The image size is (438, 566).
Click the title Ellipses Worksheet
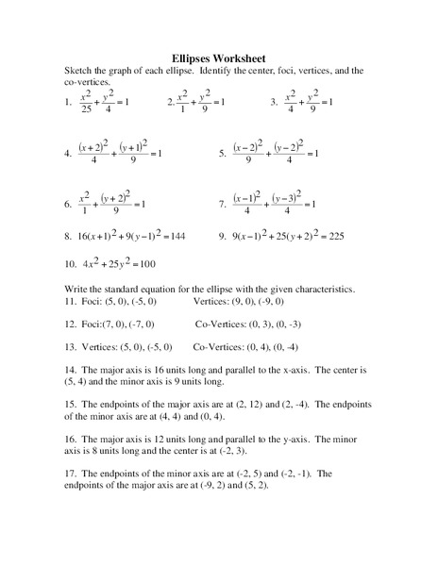pyautogui.click(x=219, y=57)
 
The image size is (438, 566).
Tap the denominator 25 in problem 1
pyautogui.click(x=85, y=110)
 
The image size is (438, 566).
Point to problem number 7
pyautogui.click(x=222, y=203)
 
